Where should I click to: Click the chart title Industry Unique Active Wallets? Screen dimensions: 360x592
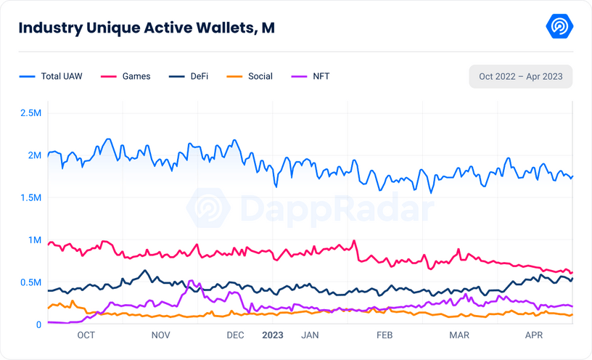pos(146,28)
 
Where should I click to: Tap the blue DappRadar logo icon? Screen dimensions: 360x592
pos(559,28)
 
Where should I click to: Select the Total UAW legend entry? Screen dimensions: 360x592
pos(51,76)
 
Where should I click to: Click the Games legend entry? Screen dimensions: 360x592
pos(128,76)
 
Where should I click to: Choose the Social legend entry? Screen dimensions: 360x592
pos(251,76)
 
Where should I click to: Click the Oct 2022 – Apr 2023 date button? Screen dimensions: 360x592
pos(521,77)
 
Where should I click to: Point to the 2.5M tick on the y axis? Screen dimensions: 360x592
pos(30,113)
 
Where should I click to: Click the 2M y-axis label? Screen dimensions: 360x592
pos(34,155)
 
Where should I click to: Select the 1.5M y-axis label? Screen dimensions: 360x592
pos(30,197)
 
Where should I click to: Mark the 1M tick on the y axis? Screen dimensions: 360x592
pos(34,240)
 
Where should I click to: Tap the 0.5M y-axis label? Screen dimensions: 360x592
pos(30,282)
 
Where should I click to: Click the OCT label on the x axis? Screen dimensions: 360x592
pos(86,335)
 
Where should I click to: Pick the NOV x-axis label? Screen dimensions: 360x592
pos(160,335)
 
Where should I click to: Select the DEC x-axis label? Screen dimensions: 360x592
pos(235,335)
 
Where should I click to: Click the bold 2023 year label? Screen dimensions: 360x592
pos(273,335)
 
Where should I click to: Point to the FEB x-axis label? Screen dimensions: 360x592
pos(384,335)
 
